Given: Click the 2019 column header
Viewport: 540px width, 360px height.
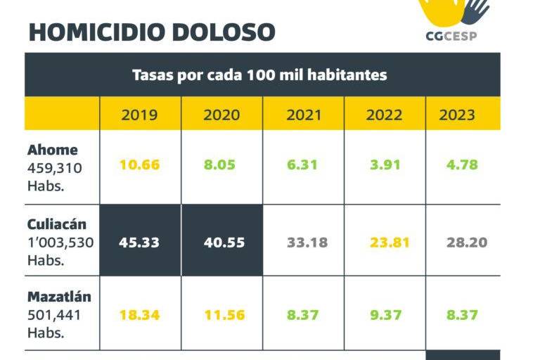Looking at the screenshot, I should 140,115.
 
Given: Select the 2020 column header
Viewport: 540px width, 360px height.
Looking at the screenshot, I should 221,115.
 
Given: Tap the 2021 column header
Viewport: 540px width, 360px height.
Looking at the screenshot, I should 303,115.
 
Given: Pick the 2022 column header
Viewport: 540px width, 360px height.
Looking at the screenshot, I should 384,115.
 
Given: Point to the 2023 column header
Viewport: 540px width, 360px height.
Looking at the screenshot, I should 457,115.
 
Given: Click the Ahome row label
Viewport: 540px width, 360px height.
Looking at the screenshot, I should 53,150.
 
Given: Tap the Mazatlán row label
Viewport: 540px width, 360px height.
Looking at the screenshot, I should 59,297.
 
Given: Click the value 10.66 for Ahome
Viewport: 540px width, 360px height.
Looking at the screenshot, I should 140,165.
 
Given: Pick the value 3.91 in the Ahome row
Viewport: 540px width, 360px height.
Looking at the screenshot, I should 384,165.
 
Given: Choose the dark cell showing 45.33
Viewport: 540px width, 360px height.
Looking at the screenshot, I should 140,243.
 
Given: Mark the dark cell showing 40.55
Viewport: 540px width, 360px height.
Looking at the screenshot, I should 221,243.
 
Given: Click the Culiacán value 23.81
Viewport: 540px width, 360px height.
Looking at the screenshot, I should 384,243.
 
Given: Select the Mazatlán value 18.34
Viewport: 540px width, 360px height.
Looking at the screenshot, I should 140,315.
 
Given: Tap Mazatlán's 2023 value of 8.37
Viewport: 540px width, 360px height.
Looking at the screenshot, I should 463,315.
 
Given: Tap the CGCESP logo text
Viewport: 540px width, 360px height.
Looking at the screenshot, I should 451,36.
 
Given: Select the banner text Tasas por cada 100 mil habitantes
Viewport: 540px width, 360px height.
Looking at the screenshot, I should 259,75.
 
